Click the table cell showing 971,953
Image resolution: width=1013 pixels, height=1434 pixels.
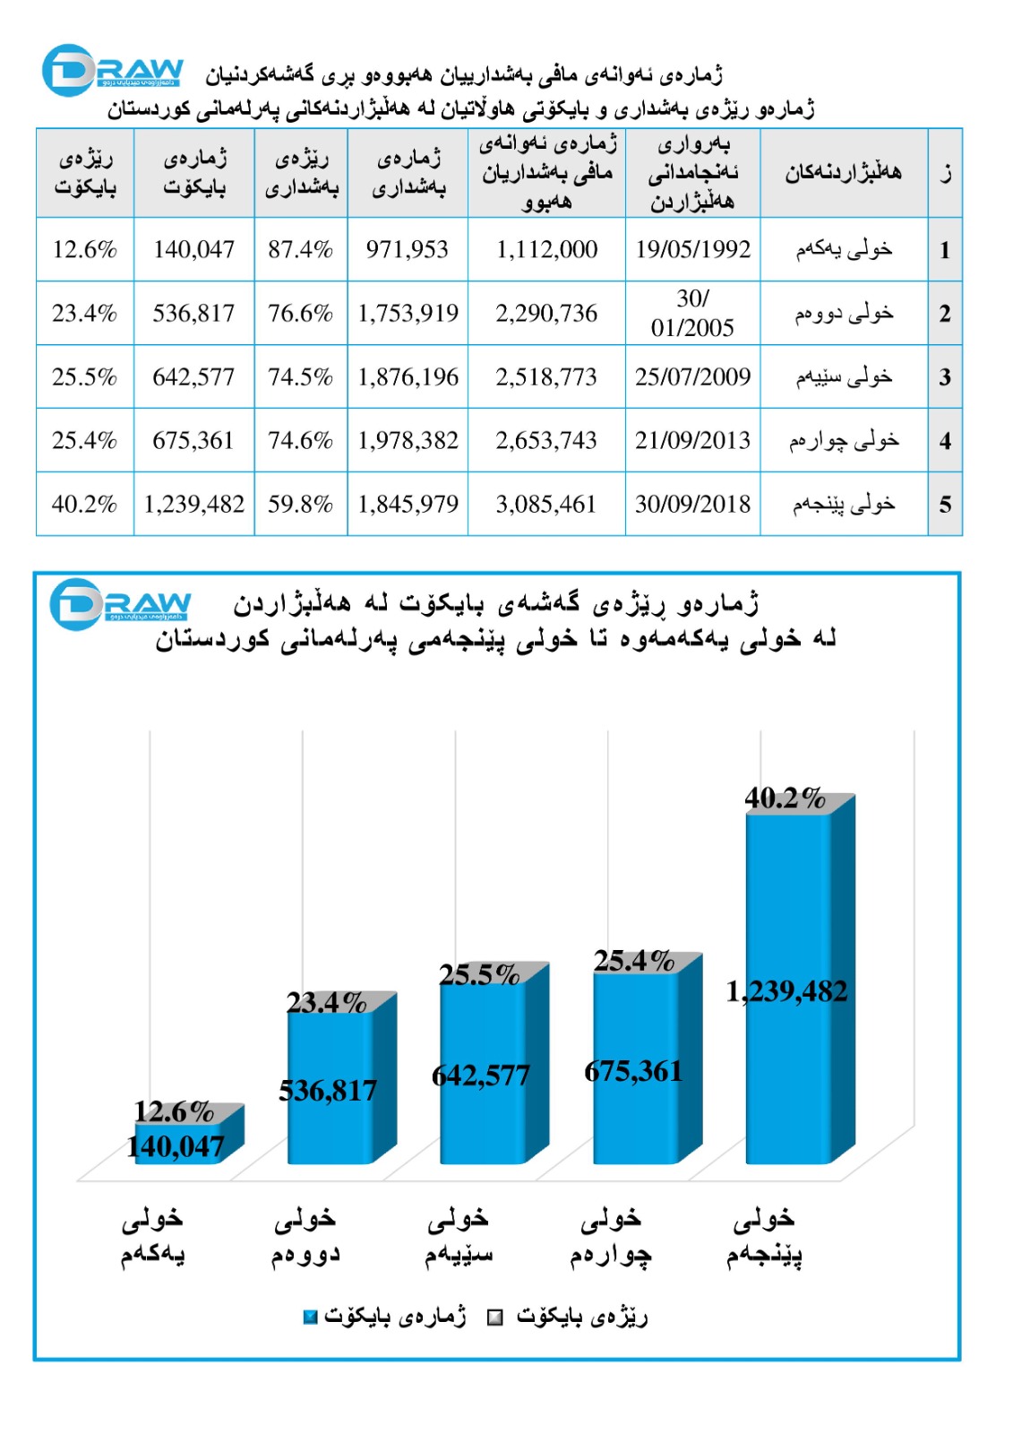pyautogui.click(x=408, y=249)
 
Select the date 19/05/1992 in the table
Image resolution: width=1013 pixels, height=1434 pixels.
pyautogui.click(x=692, y=249)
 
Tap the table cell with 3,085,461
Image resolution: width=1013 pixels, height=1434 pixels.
pyautogui.click(x=546, y=504)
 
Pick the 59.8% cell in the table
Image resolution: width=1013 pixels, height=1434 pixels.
pyautogui.click(x=300, y=504)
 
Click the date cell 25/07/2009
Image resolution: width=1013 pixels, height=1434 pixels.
pyautogui.click(x=692, y=376)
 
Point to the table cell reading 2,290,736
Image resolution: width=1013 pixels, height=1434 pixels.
pyautogui.click(x=546, y=313)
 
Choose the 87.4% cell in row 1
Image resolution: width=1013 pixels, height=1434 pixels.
pyautogui.click(x=300, y=249)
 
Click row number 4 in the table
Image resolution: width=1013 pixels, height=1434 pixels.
pyautogui.click(x=945, y=441)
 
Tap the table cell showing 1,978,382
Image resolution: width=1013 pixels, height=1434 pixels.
pyautogui.click(x=408, y=440)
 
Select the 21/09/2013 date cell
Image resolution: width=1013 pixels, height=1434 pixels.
pyautogui.click(x=692, y=440)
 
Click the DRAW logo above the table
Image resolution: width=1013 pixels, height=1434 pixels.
pyautogui.click(x=113, y=71)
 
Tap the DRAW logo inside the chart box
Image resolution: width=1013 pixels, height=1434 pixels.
pyautogui.click(x=120, y=604)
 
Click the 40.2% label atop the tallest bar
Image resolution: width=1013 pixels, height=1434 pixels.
pyautogui.click(x=785, y=798)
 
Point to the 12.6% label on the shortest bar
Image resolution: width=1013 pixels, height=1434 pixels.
pyautogui.click(x=174, y=1111)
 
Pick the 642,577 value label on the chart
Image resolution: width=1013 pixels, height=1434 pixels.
pyautogui.click(x=481, y=1075)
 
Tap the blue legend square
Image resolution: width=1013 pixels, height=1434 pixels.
pyautogui.click(x=310, y=1317)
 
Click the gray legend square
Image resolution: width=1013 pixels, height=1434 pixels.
pyautogui.click(x=494, y=1317)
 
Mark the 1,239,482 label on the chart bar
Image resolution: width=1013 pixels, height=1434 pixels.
pyautogui.click(x=786, y=991)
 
